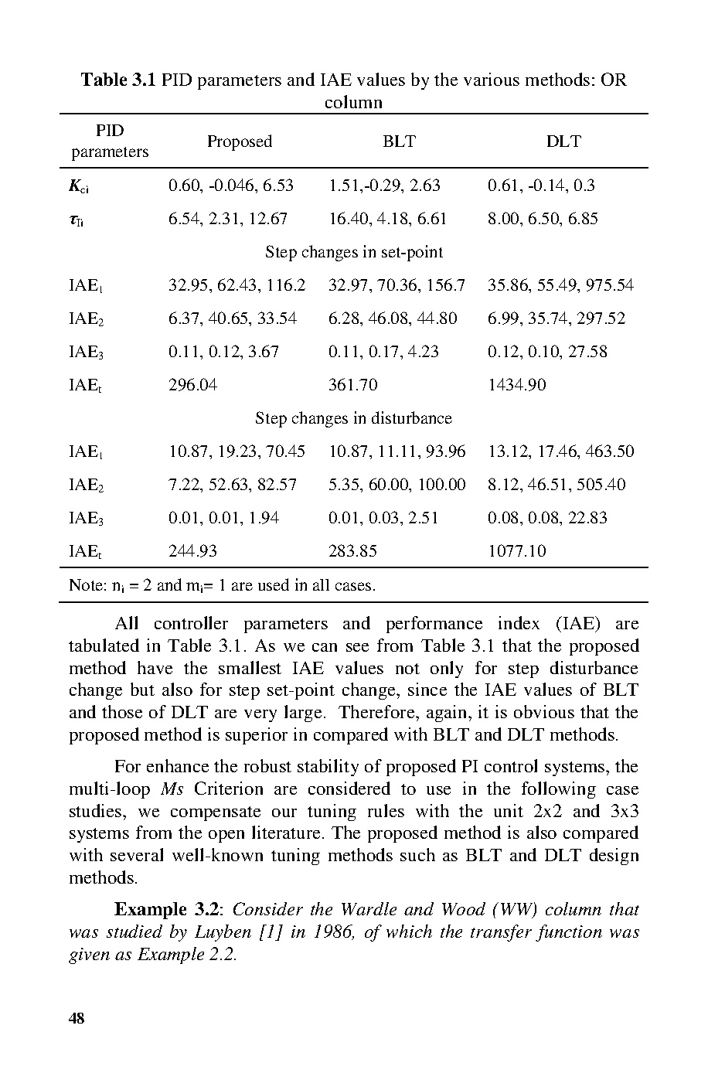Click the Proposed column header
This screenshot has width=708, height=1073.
[239, 141]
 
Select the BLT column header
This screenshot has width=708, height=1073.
[399, 141]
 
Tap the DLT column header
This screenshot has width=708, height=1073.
[563, 141]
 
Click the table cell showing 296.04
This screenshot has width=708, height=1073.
[193, 385]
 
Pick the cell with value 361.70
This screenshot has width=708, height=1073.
[353, 385]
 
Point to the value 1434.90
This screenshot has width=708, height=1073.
[516, 385]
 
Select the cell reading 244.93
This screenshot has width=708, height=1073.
[193, 551]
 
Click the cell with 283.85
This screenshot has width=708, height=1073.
[353, 551]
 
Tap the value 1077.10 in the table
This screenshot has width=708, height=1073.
[516, 551]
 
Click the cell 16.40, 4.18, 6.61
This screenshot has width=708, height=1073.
[387, 219]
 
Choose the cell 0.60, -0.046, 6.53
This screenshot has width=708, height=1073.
[231, 186]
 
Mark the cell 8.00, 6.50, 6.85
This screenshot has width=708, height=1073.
[543, 219]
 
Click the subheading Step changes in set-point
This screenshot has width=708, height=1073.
[354, 252]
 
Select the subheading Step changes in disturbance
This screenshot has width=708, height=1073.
[353, 418]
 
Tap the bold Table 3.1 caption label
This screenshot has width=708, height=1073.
[119, 80]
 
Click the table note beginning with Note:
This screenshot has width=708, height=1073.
[222, 585]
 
